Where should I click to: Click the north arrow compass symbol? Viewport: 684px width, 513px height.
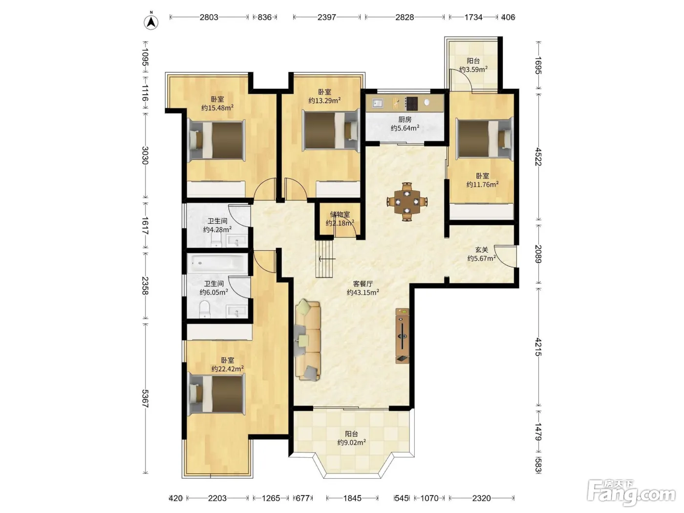click(151, 21)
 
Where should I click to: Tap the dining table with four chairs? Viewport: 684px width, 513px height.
click(406, 202)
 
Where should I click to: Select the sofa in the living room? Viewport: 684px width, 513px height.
click(308, 340)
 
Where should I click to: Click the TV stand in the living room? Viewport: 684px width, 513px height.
click(402, 336)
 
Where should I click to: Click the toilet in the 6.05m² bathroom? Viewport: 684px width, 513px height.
click(205, 309)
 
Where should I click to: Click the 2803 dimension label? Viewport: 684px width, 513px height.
click(209, 17)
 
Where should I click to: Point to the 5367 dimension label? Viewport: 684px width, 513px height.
click(145, 398)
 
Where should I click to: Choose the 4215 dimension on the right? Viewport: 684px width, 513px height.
click(538, 347)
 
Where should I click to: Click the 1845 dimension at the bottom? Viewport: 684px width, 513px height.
click(352, 498)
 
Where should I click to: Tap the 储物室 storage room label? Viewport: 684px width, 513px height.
click(340, 214)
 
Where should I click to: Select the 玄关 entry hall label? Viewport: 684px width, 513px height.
click(482, 250)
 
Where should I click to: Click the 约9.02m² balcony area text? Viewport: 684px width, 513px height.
click(351, 442)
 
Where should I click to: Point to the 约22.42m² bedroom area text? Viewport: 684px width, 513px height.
click(228, 369)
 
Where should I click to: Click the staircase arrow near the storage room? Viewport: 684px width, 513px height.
click(327, 258)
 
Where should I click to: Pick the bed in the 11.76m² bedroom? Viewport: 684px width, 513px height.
click(485, 139)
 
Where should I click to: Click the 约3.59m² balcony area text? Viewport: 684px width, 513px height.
click(473, 69)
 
